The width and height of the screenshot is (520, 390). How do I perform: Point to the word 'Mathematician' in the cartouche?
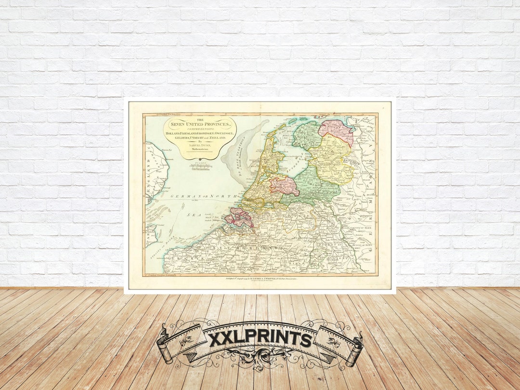199,150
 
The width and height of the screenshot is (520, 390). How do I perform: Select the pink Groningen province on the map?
337,131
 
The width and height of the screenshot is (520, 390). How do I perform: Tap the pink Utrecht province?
284,185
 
